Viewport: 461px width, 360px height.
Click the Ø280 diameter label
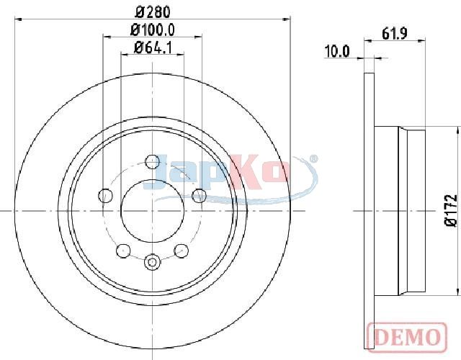[x=153, y=12]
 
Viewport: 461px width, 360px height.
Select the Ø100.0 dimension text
[x=153, y=30]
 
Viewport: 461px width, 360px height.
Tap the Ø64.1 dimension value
[x=153, y=48]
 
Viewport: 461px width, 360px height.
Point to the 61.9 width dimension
[x=395, y=34]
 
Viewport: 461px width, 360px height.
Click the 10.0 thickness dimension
[x=337, y=51]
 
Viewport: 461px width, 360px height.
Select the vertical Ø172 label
[x=451, y=210]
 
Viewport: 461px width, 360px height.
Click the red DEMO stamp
[x=407, y=337]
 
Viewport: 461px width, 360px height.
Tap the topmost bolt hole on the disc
[x=153, y=161]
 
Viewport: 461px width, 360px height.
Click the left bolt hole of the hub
[x=105, y=195]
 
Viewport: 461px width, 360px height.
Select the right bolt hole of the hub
[x=200, y=195]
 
